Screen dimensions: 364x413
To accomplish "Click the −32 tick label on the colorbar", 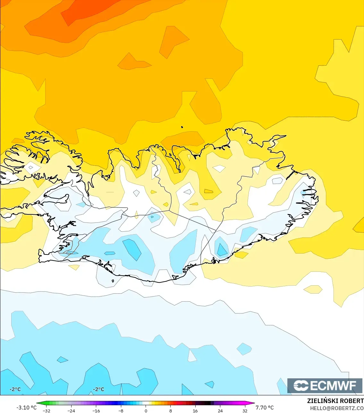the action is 47,411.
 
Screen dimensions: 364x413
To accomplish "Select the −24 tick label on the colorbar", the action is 71,411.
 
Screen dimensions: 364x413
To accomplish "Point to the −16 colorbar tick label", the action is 96,411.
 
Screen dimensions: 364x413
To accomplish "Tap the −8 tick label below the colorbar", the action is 121,411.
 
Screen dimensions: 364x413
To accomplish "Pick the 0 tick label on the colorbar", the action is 146,411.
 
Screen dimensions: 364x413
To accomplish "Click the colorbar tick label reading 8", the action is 171,411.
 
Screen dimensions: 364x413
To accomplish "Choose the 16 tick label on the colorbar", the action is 195,411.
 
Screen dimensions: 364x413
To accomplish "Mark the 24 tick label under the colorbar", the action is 220,411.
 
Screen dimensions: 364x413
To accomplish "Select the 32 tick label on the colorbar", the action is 245,411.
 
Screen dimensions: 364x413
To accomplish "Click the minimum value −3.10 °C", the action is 27,408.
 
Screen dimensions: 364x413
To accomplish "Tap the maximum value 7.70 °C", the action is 265,408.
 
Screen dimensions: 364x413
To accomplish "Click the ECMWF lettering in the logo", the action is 333,385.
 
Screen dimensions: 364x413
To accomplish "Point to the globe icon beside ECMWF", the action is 301,385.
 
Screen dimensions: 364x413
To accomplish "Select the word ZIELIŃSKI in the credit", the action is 321,401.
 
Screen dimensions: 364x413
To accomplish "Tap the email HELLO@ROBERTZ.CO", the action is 337,408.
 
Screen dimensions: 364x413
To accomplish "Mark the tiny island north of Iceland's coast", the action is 182,127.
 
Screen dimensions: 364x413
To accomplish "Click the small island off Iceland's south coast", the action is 113,281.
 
